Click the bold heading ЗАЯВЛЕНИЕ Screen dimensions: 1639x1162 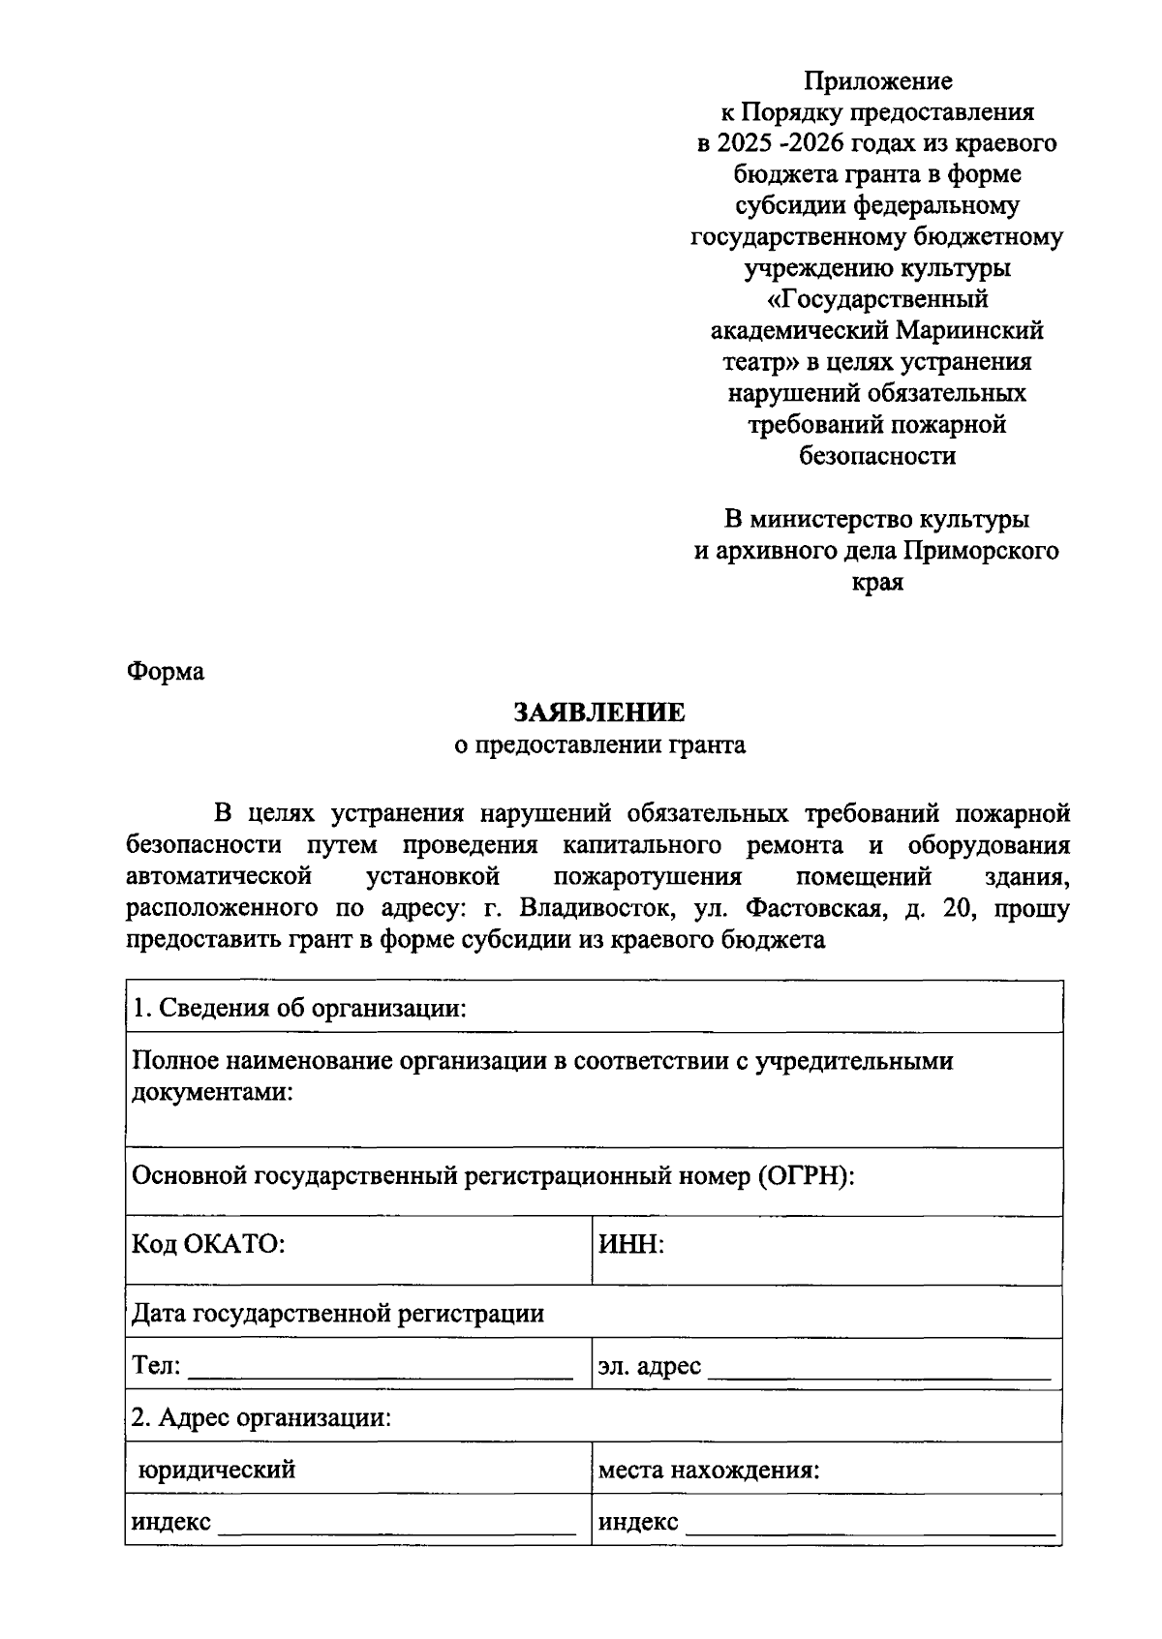point(598,713)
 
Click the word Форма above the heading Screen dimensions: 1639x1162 point(165,672)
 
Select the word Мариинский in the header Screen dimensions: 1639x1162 point(969,331)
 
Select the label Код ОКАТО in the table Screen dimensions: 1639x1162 point(208,1244)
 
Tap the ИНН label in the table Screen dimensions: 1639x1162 point(630,1244)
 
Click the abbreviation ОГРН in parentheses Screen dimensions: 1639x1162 point(803,1176)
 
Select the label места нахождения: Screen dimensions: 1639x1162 point(709,1471)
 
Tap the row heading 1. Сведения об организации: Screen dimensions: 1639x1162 point(299,1009)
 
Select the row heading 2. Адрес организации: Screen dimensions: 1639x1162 point(261,1418)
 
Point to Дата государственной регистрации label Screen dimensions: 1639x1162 point(338,1314)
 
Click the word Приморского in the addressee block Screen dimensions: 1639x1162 point(981,551)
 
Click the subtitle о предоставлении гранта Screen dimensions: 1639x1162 point(600,745)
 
